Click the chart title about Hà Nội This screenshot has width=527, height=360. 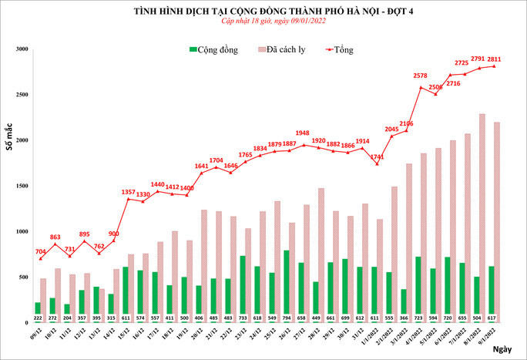(263, 11)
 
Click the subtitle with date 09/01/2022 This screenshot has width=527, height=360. (263, 22)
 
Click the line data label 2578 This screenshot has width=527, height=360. (420, 76)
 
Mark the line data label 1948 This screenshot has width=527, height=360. (302, 133)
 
